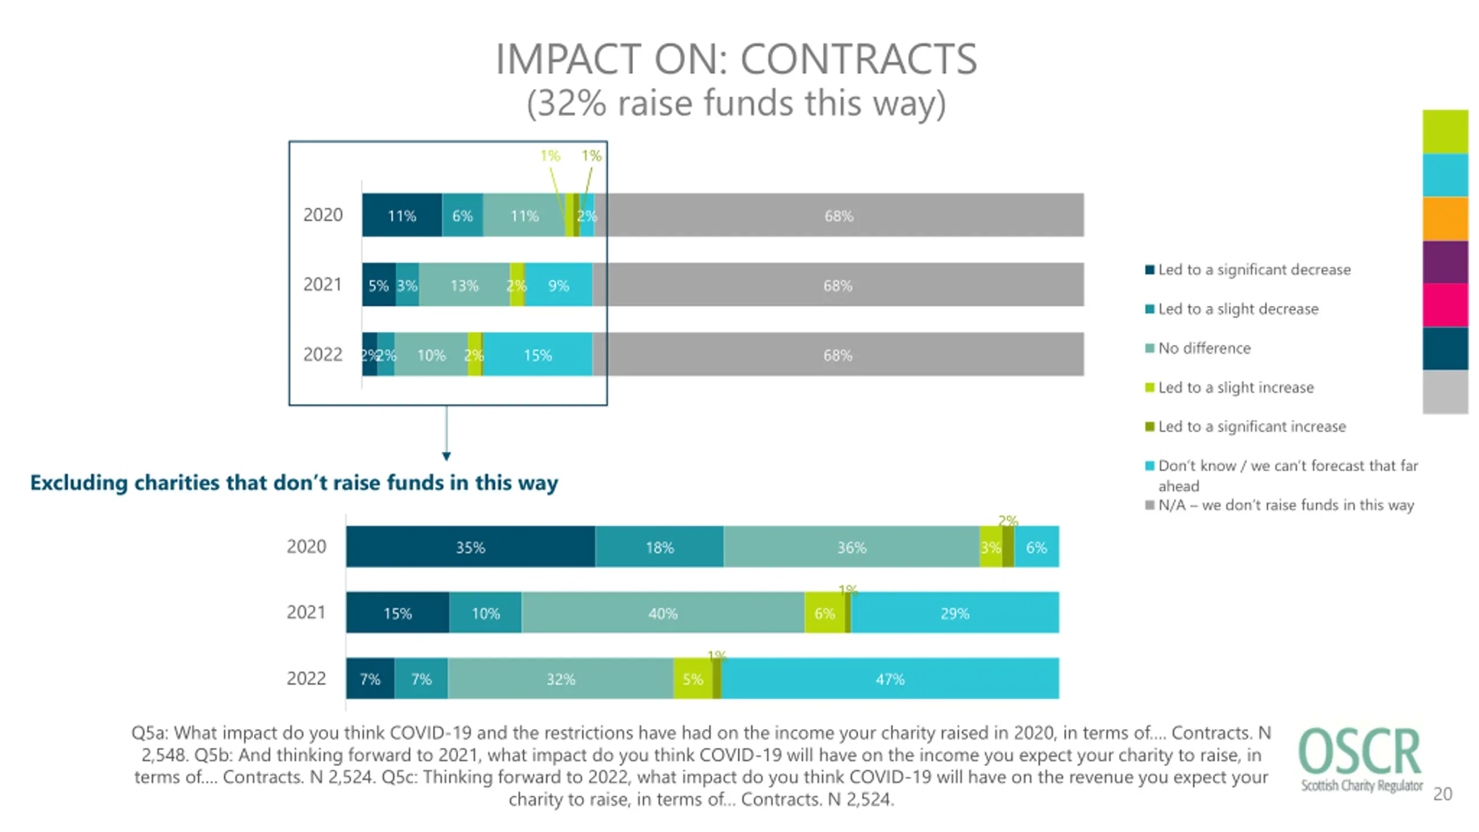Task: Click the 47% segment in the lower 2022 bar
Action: tap(890, 678)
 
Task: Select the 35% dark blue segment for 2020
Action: tap(470, 547)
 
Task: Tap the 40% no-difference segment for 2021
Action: tap(663, 612)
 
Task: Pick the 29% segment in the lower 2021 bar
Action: tap(954, 612)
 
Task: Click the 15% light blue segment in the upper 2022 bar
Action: tap(537, 354)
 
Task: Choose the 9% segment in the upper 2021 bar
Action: tap(558, 285)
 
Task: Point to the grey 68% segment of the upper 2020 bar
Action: tap(838, 216)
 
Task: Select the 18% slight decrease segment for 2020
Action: tap(659, 547)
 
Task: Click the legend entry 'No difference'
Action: tap(1204, 348)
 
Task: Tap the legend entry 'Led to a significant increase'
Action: tap(1251, 426)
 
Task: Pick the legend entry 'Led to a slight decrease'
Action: tap(1238, 309)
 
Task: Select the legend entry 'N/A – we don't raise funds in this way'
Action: tap(1285, 505)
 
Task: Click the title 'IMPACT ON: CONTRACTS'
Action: tap(736, 59)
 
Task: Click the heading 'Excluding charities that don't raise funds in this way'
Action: tap(294, 482)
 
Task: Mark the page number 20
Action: tap(1443, 794)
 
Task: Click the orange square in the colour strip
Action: tap(1445, 218)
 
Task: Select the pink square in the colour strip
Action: tap(1445, 305)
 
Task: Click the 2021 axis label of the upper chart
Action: tap(322, 285)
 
